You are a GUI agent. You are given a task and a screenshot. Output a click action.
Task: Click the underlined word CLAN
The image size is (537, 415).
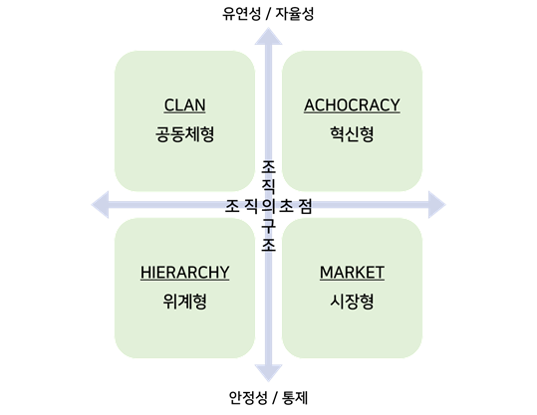pyautogui.click(x=185, y=105)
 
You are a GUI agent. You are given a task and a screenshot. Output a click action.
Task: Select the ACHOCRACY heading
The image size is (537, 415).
pyautogui.click(x=352, y=105)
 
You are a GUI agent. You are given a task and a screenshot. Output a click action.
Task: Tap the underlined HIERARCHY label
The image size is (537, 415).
pyautogui.click(x=185, y=273)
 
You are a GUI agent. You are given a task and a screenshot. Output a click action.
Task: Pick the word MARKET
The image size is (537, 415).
pyautogui.click(x=352, y=273)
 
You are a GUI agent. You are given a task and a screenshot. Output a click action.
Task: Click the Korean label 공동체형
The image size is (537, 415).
pyautogui.click(x=185, y=133)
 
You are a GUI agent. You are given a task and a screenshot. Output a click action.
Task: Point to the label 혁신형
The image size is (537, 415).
pyautogui.click(x=352, y=133)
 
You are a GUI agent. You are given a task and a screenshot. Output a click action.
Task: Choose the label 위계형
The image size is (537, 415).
pyautogui.click(x=185, y=302)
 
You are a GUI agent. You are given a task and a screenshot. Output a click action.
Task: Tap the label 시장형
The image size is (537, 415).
pyautogui.click(x=352, y=302)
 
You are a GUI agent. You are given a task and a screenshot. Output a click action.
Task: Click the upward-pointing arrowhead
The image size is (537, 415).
pyautogui.click(x=269, y=36)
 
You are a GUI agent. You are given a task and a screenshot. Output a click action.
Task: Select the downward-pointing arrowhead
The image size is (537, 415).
pyautogui.click(x=269, y=373)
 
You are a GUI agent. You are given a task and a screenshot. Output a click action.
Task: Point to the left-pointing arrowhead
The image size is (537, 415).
pyautogui.click(x=100, y=205)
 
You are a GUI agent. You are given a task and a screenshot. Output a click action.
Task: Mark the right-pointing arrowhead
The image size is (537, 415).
pyautogui.click(x=437, y=205)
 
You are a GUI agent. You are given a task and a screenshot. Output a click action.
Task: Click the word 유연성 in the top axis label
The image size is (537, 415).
pyautogui.click(x=242, y=14)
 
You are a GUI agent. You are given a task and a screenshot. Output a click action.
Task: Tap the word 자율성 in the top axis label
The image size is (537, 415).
pyautogui.click(x=295, y=14)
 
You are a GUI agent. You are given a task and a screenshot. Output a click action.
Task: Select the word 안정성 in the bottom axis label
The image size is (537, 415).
pyautogui.click(x=248, y=398)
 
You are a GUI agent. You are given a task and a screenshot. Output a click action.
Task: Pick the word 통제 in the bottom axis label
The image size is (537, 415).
pyautogui.click(x=295, y=398)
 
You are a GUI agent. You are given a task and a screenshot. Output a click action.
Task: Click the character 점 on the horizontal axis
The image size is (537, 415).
pyautogui.click(x=305, y=206)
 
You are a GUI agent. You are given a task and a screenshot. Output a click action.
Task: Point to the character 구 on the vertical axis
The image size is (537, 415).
pyautogui.click(x=269, y=226)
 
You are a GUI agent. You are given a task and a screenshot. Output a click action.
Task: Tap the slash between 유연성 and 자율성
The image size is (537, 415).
pyautogui.click(x=268, y=14)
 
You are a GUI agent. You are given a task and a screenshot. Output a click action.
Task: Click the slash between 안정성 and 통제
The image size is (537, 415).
pyautogui.click(x=275, y=398)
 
